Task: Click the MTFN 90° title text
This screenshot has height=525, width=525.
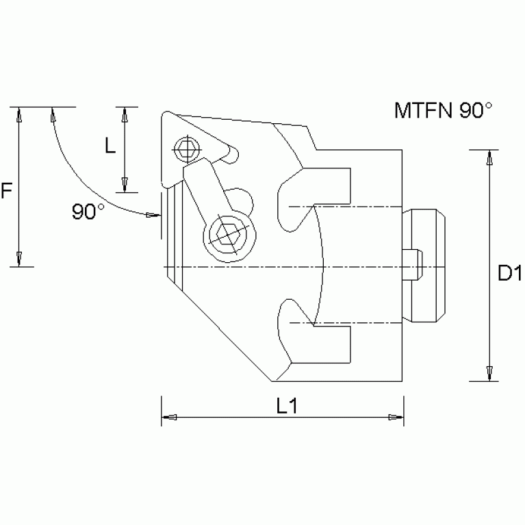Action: (443, 111)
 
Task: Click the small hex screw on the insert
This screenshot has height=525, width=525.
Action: (185, 147)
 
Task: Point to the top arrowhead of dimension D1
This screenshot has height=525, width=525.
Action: (488, 157)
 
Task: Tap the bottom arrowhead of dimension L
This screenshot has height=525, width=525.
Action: (125, 184)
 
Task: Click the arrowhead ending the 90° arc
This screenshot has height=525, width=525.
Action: (153, 216)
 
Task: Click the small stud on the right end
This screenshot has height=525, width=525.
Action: (413, 266)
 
